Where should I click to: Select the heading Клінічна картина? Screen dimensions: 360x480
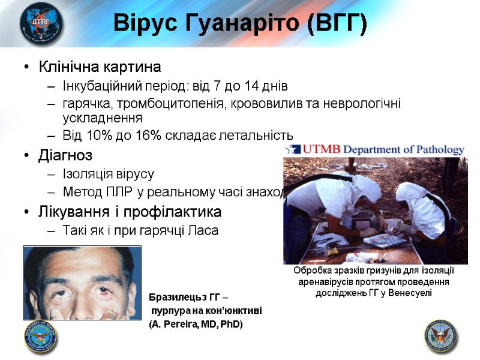[x=100, y=66]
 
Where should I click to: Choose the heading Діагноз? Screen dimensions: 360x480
[x=65, y=156]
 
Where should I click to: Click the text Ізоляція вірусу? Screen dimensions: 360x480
[x=108, y=175]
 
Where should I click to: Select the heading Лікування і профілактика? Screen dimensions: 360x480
[x=130, y=212]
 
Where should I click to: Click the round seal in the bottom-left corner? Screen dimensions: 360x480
[x=41, y=337]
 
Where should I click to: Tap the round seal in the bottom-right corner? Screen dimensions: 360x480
[x=441, y=336]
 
